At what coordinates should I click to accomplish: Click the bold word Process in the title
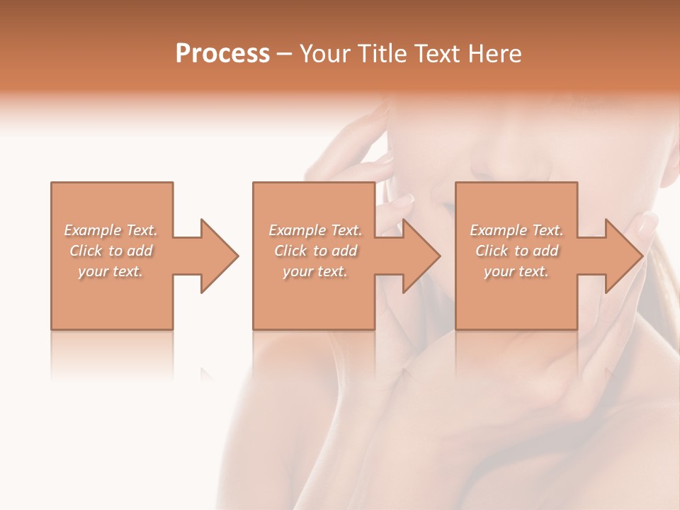(222, 54)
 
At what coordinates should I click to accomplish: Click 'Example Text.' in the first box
(110, 230)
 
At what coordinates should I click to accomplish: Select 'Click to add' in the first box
(110, 251)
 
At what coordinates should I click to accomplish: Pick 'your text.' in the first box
(110, 271)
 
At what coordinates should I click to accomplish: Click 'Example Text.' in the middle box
(315, 230)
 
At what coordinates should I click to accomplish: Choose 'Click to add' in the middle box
(315, 251)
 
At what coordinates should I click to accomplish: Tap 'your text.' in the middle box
(315, 271)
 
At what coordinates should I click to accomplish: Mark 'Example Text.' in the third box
(516, 230)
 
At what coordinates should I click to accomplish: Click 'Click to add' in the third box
(516, 251)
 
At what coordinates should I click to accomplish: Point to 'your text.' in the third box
(516, 271)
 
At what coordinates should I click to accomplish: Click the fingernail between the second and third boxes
(403, 200)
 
